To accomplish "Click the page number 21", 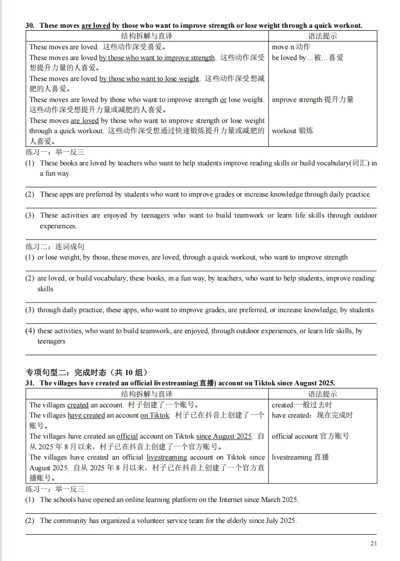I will (373, 543).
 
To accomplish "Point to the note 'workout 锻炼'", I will (292, 131).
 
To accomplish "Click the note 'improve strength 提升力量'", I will (312, 100).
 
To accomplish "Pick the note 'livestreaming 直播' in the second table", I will (300, 457).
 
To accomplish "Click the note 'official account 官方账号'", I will (310, 436).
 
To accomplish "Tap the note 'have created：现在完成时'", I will (312, 415).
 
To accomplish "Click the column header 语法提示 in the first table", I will (323, 36).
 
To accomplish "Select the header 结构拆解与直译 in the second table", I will (147, 394).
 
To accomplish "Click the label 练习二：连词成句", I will (55, 247).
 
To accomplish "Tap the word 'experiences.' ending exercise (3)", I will (58, 226).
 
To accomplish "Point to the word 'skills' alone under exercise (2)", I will (45, 289).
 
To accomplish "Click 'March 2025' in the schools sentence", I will (279, 500).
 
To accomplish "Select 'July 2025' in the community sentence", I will (281, 521).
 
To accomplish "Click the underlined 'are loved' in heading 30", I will (95, 25).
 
